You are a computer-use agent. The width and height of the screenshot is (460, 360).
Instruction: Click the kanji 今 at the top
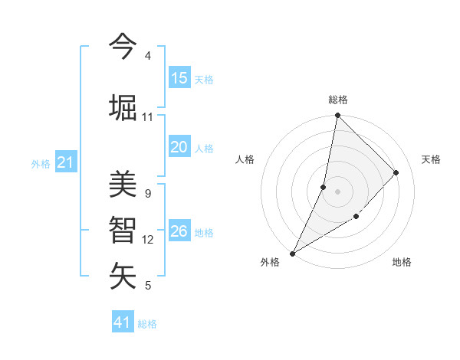coord(123,47)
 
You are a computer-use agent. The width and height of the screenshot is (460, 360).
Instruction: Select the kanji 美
coord(123,184)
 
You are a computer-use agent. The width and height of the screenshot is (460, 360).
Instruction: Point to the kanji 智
coord(123,230)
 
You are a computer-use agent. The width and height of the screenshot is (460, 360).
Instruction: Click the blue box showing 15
coord(179,78)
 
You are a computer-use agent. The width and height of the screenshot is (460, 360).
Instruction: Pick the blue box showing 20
coord(179,148)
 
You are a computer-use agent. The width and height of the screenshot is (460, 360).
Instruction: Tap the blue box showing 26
coord(179,231)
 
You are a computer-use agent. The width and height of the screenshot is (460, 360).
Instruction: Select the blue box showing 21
coord(65,162)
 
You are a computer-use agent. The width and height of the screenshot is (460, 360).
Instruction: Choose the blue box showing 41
coord(123,322)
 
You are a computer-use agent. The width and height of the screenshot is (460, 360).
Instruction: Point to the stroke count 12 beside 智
coord(148,240)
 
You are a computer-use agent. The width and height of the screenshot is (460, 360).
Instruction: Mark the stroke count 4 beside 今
coord(147,56)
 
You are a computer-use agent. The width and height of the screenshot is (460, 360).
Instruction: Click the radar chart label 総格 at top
coord(338,100)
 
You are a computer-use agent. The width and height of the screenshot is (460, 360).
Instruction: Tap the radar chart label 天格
coord(431,159)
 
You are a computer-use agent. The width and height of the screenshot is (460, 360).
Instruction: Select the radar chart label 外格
coord(270,262)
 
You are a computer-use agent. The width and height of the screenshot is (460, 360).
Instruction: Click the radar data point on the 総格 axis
coord(337,116)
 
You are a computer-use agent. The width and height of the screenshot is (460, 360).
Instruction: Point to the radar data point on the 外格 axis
coord(292,253)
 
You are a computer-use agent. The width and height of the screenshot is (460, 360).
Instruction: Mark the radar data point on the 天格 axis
coord(396,172)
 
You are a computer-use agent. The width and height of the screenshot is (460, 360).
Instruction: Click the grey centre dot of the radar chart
coord(337,191)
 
